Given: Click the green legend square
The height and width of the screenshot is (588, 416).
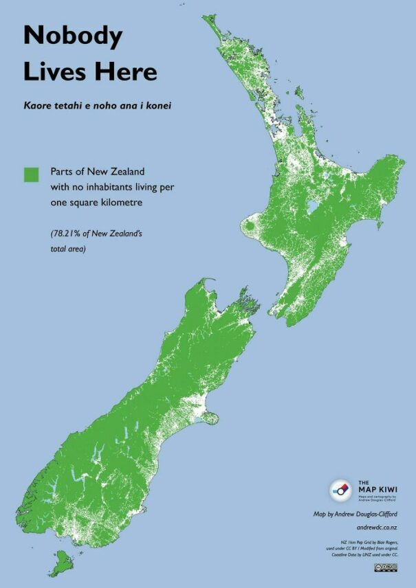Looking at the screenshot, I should tap(32, 174).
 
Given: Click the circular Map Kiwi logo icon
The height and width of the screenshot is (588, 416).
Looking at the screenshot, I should tap(340, 489).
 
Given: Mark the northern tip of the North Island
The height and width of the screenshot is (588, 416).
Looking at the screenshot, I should tap(206, 19).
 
